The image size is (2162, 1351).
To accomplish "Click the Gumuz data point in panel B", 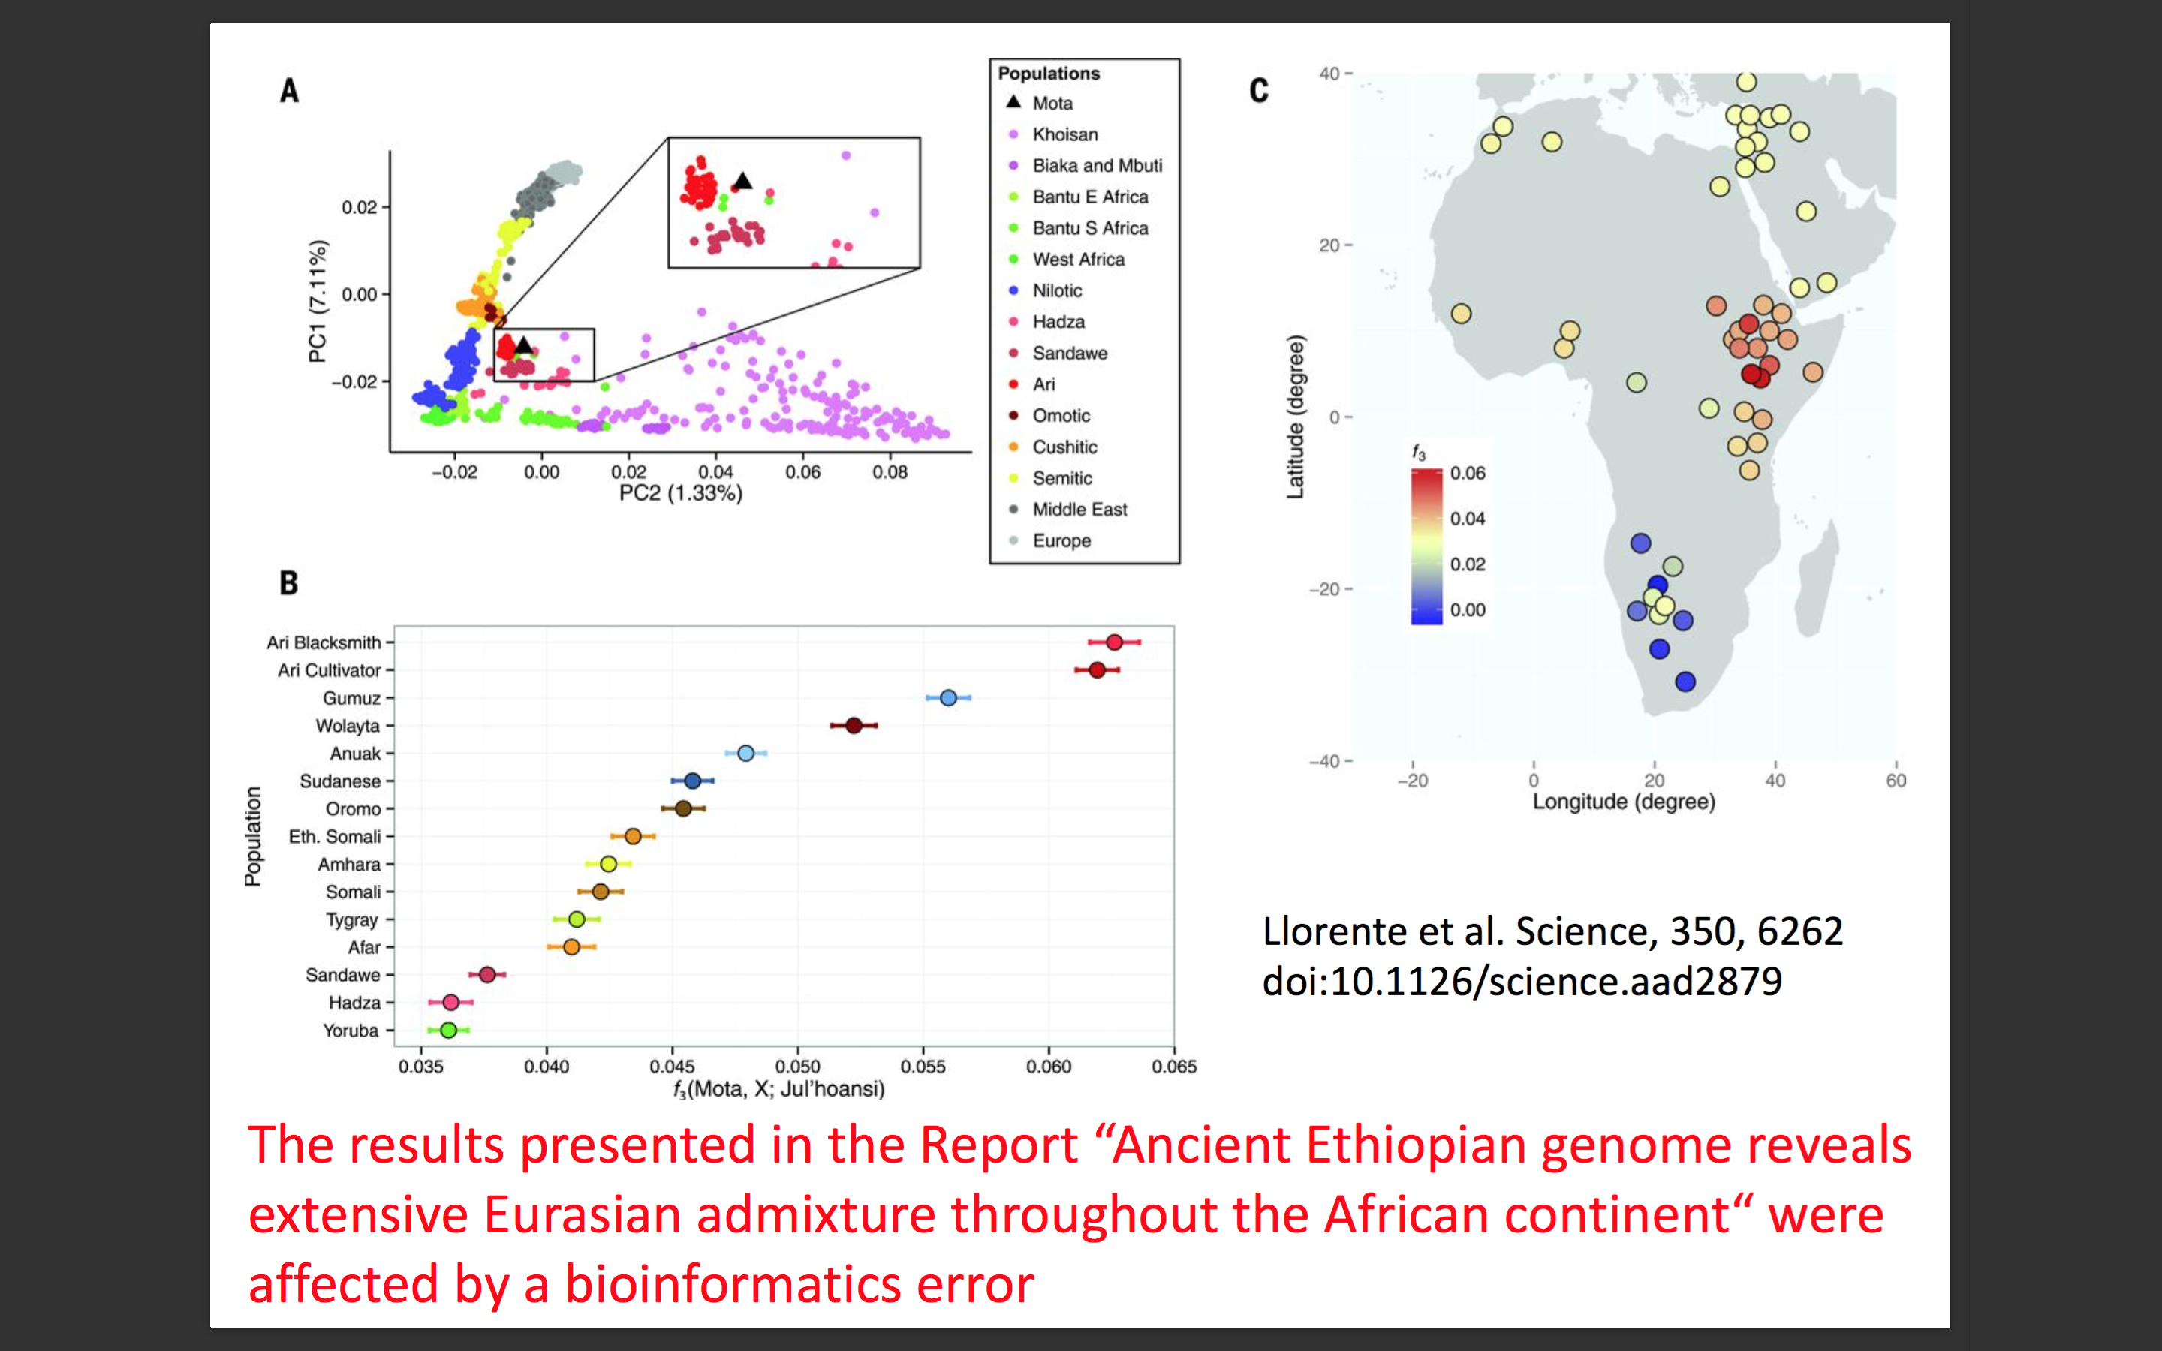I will point(948,698).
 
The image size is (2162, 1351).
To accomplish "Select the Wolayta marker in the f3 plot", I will point(854,726).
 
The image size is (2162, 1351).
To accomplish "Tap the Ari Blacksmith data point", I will point(1114,642).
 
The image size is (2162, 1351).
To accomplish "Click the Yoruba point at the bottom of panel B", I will point(448,1031).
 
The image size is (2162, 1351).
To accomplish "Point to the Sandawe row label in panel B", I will point(342,975).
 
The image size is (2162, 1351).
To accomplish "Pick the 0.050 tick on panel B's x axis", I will point(797,1066).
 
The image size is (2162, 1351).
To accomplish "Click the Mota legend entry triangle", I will point(1013,103).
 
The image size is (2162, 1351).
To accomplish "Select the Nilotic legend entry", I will point(1057,290).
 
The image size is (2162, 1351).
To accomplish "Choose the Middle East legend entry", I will point(1079,510).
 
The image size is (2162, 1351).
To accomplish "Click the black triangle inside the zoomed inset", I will point(742,182).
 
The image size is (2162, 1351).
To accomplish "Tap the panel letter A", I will point(290,90).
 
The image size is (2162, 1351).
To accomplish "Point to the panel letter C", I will point(1259,90).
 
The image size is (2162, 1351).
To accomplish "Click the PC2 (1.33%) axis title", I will point(681,493).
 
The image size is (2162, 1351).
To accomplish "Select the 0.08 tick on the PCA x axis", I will point(890,472).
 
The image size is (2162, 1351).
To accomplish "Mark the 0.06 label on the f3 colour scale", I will point(1467,473).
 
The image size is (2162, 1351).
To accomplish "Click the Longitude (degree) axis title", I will point(1623,802).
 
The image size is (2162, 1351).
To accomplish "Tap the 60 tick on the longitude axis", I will point(1896,780).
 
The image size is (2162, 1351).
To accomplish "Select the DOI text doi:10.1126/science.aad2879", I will point(1522,982).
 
